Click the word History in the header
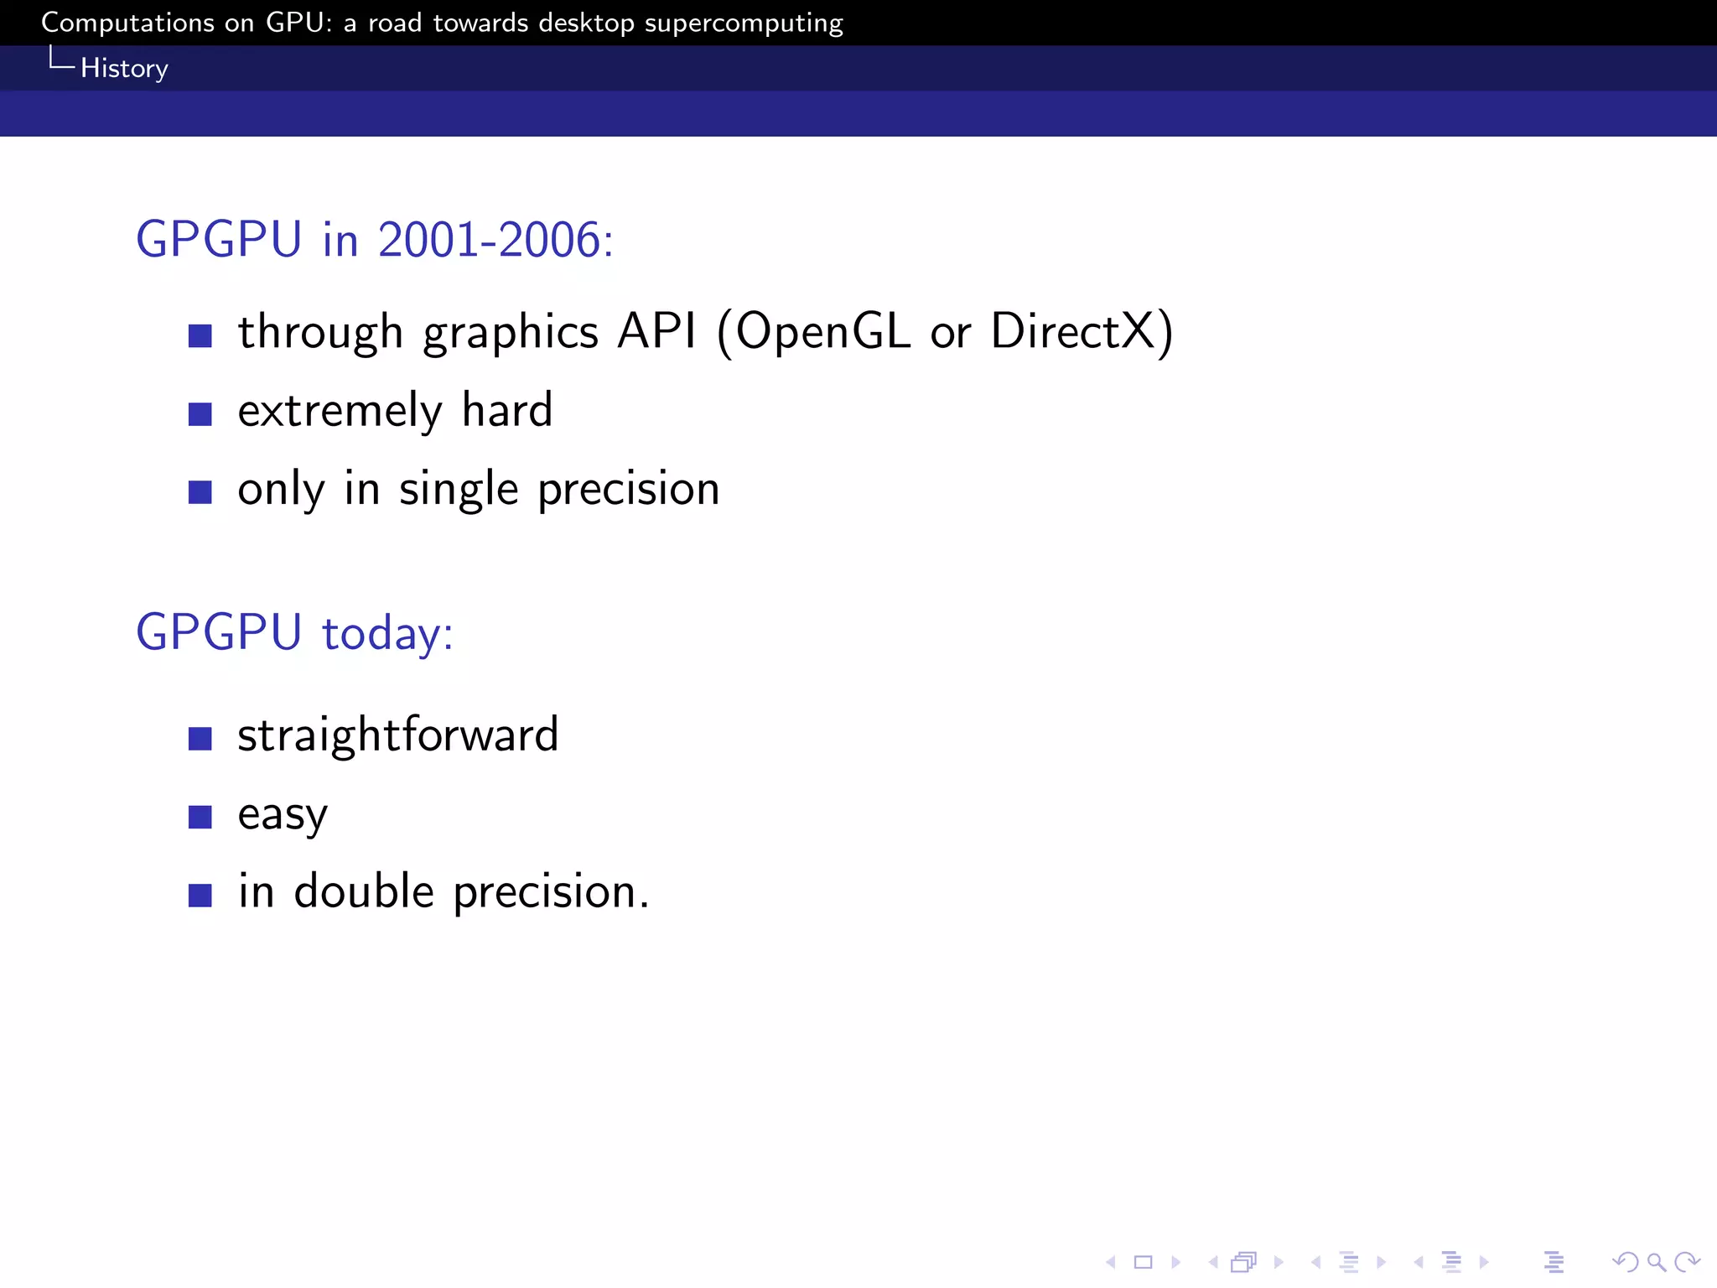click(x=124, y=68)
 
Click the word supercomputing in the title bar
click(x=744, y=23)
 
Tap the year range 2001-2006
click(x=489, y=240)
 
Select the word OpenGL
click(x=823, y=331)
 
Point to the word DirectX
click(x=1073, y=331)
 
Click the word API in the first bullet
click(x=656, y=331)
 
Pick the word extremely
click(x=340, y=411)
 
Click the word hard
click(x=507, y=410)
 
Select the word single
click(x=459, y=490)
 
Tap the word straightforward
click(x=397, y=735)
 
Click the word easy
click(x=283, y=815)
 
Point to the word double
click(x=364, y=891)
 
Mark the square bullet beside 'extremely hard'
click(x=200, y=414)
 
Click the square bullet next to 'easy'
click(x=200, y=817)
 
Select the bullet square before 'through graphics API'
click(x=200, y=336)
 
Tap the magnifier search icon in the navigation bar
click(x=1656, y=1262)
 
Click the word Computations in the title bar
click(x=127, y=23)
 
